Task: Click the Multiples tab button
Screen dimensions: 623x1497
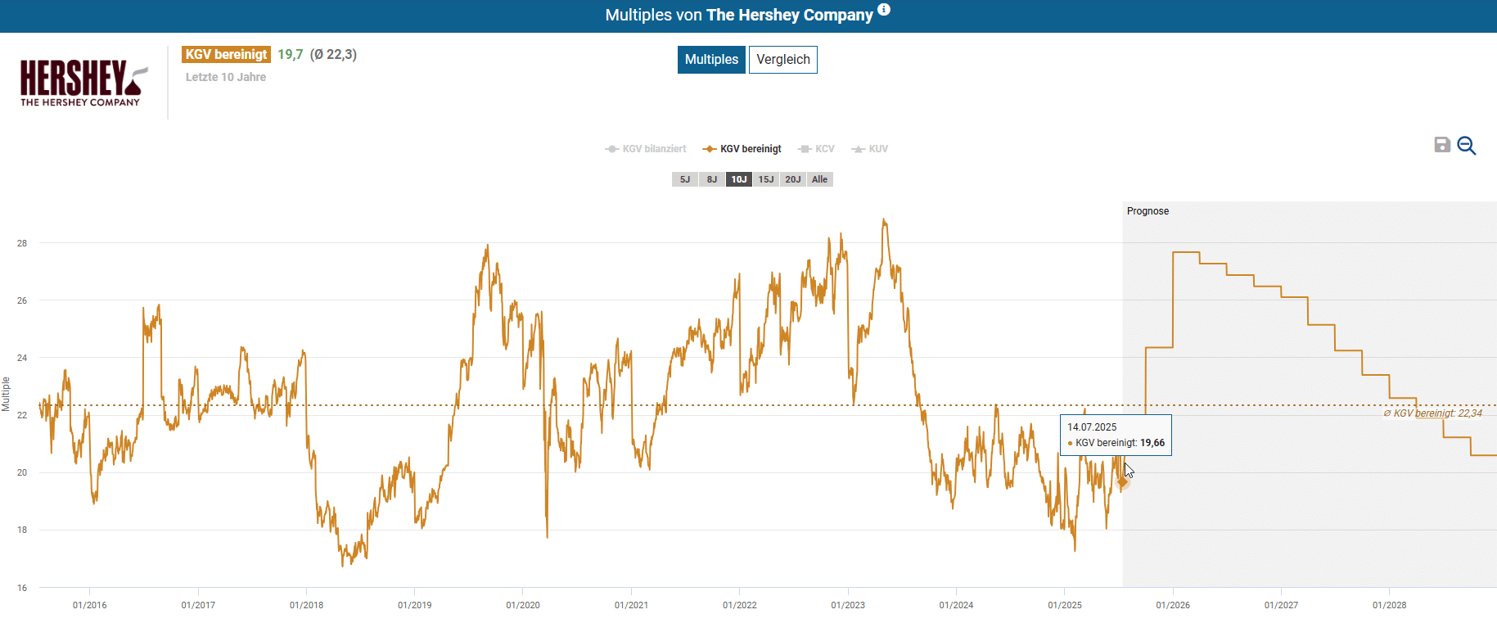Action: pyautogui.click(x=711, y=60)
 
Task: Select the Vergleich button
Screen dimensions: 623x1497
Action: pyautogui.click(x=782, y=60)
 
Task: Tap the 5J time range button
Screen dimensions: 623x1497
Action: pyautogui.click(x=685, y=179)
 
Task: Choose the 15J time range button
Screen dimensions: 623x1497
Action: pyautogui.click(x=766, y=179)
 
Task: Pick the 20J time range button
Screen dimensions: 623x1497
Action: pyautogui.click(x=793, y=179)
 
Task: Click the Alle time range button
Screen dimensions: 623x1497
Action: pyautogui.click(x=819, y=179)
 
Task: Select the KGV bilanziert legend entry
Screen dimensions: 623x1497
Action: pyautogui.click(x=646, y=149)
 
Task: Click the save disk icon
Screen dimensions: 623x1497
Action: pyautogui.click(x=1442, y=145)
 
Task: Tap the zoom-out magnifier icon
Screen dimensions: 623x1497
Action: pyautogui.click(x=1466, y=146)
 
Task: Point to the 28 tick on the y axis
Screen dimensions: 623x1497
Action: pyautogui.click(x=22, y=243)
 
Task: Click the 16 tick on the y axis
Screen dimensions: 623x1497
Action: pyautogui.click(x=22, y=588)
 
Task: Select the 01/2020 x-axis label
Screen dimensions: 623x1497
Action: pyautogui.click(x=523, y=605)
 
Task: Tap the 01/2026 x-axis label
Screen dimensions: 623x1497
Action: pyautogui.click(x=1173, y=605)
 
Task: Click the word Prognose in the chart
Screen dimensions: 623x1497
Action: pyautogui.click(x=1148, y=211)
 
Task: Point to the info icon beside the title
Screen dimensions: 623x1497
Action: pyautogui.click(x=884, y=10)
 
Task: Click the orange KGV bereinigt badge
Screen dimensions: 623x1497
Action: pyautogui.click(x=226, y=55)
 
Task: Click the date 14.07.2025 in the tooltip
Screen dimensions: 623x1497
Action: pyautogui.click(x=1092, y=427)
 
